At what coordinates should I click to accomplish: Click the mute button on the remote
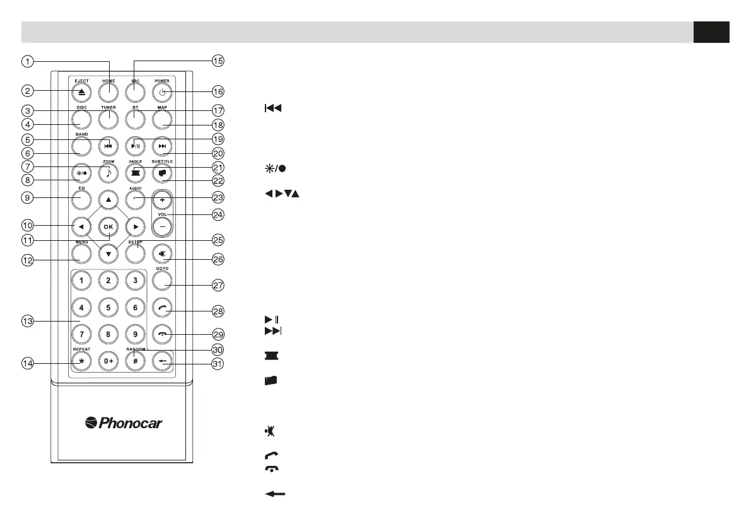(x=162, y=252)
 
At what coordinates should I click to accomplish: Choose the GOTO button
(x=162, y=280)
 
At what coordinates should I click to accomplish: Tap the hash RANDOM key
(x=134, y=363)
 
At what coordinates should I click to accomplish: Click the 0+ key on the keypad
(x=108, y=363)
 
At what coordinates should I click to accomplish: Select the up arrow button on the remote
(x=108, y=199)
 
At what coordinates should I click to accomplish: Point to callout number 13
(x=27, y=322)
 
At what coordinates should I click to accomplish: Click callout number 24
(x=218, y=214)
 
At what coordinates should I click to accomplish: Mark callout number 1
(x=27, y=61)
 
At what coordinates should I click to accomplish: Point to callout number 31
(x=218, y=363)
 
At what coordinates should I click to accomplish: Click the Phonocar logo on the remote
(x=124, y=422)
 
